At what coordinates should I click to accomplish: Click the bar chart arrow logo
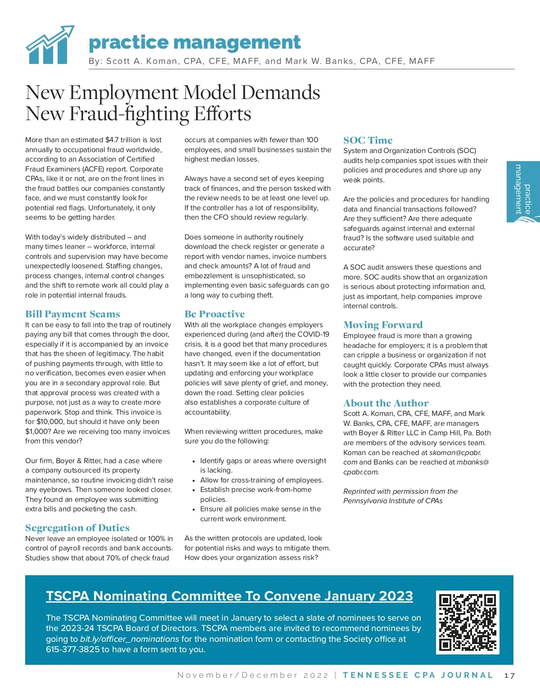pos(49,45)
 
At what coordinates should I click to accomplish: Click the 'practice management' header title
pos(194,43)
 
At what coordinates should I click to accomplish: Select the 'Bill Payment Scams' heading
pos(72,314)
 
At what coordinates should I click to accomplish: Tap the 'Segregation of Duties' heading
pos(77,528)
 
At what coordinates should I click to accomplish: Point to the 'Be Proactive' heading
pos(215,314)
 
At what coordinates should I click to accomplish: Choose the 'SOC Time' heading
pos(368,140)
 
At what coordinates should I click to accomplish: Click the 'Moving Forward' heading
pos(383,325)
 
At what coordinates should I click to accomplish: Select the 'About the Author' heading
pos(386,403)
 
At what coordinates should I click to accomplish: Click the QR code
pos(468,622)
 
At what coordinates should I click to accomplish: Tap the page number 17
pos(509,675)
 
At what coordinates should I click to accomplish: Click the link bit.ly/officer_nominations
pos(130,639)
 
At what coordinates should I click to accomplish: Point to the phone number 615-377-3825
pos(72,649)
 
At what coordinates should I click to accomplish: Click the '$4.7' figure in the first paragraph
pos(112,140)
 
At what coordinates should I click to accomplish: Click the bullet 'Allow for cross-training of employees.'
pos(261,480)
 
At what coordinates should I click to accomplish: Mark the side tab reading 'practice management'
pos(523,192)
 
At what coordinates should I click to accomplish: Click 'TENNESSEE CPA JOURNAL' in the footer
pos(418,675)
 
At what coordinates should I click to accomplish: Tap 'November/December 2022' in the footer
pos(253,675)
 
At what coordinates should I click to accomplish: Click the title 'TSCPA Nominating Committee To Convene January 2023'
pos(229,596)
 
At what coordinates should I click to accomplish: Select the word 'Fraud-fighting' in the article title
pos(130,114)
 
